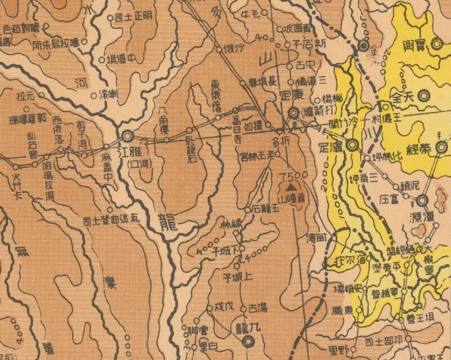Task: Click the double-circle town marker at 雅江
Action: pos(128,136)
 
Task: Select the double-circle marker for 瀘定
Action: pos(353,145)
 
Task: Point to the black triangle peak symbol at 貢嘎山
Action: pos(291,185)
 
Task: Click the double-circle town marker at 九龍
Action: pos(247,340)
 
